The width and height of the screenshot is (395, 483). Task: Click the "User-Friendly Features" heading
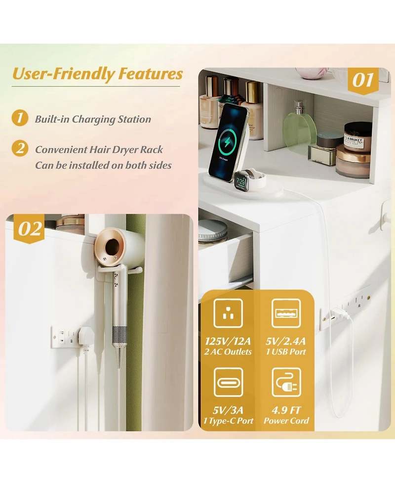(x=97, y=75)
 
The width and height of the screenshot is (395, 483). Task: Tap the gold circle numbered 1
(x=20, y=118)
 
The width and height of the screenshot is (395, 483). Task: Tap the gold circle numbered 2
(x=20, y=148)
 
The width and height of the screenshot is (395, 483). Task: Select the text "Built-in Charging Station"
(x=93, y=119)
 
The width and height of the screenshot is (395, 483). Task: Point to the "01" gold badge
(x=363, y=81)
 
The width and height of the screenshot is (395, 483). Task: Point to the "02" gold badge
(x=30, y=229)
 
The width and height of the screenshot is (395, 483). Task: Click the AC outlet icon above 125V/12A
(x=228, y=313)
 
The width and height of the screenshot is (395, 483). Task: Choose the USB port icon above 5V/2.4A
(x=286, y=313)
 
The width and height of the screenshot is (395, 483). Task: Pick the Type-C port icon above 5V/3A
(x=228, y=382)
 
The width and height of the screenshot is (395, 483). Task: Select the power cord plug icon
(x=286, y=382)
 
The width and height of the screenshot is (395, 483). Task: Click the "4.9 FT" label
(x=286, y=410)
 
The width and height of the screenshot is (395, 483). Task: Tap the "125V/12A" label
(x=228, y=341)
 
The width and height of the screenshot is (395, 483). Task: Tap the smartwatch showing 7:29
(x=241, y=182)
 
